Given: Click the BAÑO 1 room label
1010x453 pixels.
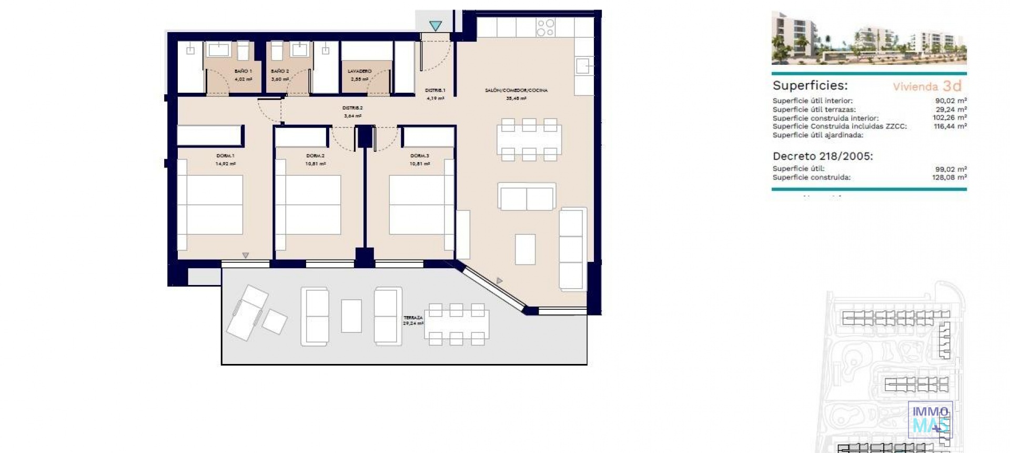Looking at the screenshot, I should pyautogui.click(x=243, y=71).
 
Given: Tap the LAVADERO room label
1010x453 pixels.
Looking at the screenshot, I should pyautogui.click(x=360, y=71).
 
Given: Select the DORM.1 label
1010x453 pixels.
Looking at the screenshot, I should pyautogui.click(x=225, y=156).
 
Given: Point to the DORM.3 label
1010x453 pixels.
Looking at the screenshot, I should pyautogui.click(x=420, y=156).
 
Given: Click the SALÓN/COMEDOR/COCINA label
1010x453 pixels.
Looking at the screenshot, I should pyautogui.click(x=516, y=91).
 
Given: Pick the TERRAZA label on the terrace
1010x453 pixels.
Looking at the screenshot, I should pyautogui.click(x=413, y=318).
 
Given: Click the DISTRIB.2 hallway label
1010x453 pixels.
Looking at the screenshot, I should pyautogui.click(x=352, y=108).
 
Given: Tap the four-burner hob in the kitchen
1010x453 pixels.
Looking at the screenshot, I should pyautogui.click(x=546, y=27).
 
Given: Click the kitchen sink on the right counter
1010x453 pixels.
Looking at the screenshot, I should pyautogui.click(x=583, y=66).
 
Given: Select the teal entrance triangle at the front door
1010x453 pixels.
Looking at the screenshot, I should pyautogui.click(x=435, y=25).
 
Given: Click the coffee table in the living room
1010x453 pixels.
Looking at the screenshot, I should pyautogui.click(x=525, y=249).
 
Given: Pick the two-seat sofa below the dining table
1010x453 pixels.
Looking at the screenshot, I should pyautogui.click(x=527, y=197).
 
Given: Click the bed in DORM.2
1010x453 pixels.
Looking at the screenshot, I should pyautogui.click(x=312, y=204).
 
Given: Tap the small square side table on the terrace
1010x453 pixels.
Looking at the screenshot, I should pyautogui.click(x=274, y=321).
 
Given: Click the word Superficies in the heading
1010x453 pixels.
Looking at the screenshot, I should pyautogui.click(x=810, y=86).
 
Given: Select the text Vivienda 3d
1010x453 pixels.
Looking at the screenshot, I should pyautogui.click(x=927, y=86).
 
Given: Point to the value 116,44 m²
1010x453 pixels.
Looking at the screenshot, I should pyautogui.click(x=950, y=126).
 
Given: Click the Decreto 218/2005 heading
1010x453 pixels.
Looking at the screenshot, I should pyautogui.click(x=823, y=156).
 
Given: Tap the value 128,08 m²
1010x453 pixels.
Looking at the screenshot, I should pyautogui.click(x=949, y=178).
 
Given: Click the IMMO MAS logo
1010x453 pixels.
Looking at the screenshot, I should pyautogui.click(x=930, y=419).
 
